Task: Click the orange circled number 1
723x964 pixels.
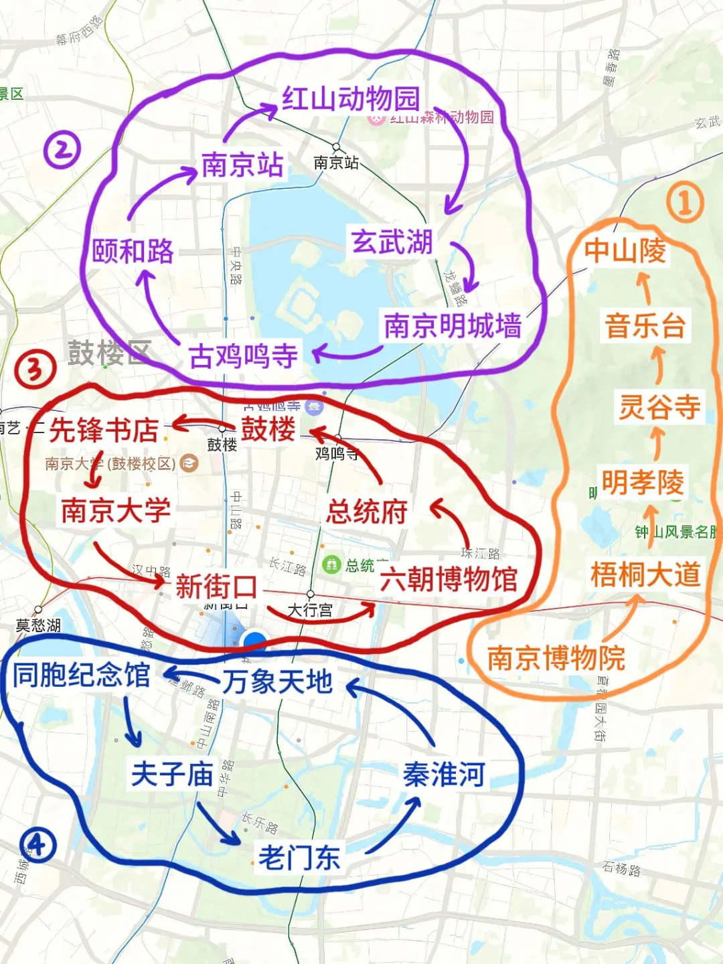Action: [685, 203]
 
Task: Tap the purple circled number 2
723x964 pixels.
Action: [62, 150]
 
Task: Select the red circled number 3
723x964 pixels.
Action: [35, 370]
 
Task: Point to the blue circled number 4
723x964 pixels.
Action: [37, 845]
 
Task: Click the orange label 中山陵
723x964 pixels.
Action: [625, 250]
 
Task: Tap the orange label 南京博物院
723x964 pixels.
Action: [556, 658]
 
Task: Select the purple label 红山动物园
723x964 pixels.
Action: [350, 99]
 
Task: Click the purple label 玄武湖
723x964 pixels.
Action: [392, 242]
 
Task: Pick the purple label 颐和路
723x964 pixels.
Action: [133, 251]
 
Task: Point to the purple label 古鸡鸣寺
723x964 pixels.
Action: [243, 355]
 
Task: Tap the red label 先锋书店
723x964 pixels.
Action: [104, 430]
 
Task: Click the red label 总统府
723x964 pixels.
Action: [367, 512]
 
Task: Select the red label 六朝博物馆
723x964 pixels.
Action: [449, 579]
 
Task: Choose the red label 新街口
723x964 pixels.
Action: [216, 587]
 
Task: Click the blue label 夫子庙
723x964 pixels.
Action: [172, 775]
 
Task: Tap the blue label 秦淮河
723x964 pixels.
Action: [444, 775]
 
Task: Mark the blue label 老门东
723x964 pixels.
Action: [299, 858]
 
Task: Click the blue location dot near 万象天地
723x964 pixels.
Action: [254, 641]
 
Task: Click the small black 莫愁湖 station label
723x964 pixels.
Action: [38, 625]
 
